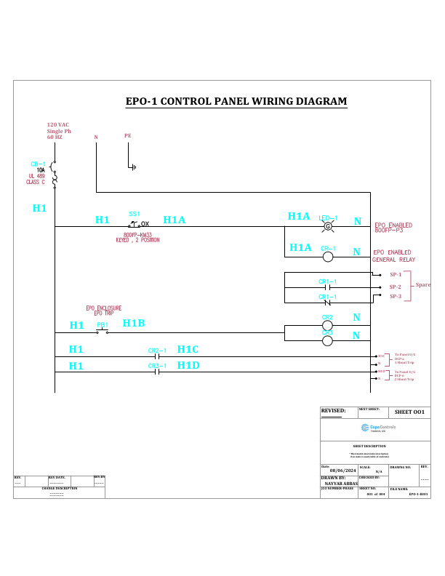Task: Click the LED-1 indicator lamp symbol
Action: pyautogui.click(x=327, y=227)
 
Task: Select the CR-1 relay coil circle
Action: pyautogui.click(x=327, y=257)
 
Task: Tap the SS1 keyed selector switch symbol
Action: pyautogui.click(x=135, y=224)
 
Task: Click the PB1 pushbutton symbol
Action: pyautogui.click(x=103, y=331)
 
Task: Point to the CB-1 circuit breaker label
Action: pyautogui.click(x=39, y=164)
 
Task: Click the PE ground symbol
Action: pyautogui.click(x=132, y=167)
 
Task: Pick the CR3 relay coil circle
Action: pyautogui.click(x=327, y=340)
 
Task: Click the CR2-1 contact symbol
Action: pyautogui.click(x=158, y=357)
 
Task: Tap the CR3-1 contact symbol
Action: pyautogui.click(x=158, y=372)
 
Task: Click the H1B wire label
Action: pyautogui.click(x=133, y=324)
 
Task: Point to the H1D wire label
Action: pyautogui.click(x=188, y=365)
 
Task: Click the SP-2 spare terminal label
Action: pyautogui.click(x=395, y=287)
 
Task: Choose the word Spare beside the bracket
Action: pyautogui.click(x=423, y=285)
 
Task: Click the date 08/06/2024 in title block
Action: pyautogui.click(x=338, y=471)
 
